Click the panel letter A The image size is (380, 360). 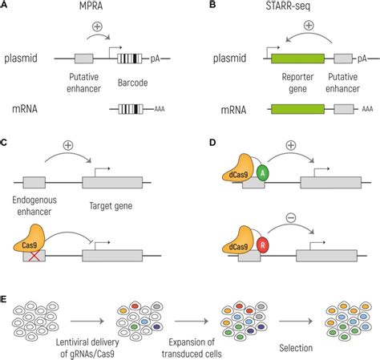point(6,6)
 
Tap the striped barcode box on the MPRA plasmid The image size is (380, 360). point(128,59)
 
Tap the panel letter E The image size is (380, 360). point(6,297)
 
